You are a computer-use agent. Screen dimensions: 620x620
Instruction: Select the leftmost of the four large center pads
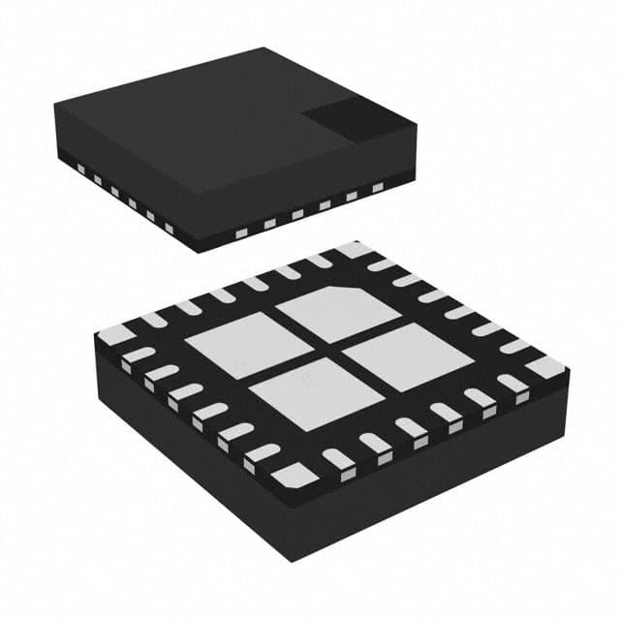click(234, 345)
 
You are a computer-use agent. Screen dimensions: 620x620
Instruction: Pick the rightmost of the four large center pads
click(408, 356)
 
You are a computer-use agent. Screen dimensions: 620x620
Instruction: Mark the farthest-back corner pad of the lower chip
click(355, 249)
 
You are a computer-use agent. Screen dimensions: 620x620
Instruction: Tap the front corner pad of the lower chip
click(294, 475)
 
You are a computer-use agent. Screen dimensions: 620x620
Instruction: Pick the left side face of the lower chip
click(184, 455)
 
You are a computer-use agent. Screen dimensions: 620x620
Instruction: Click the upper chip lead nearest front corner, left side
click(169, 229)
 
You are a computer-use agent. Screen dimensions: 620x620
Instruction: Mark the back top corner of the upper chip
click(264, 48)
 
